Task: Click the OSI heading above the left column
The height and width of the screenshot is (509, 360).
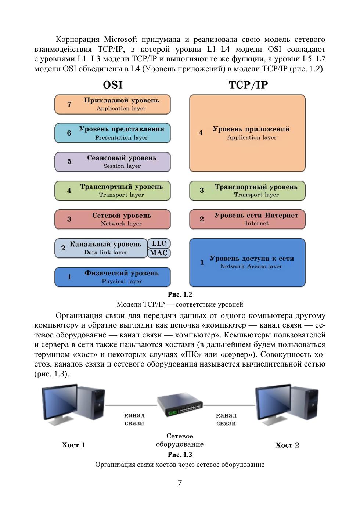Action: (x=113, y=85)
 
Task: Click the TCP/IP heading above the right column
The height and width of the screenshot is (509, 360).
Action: (x=248, y=85)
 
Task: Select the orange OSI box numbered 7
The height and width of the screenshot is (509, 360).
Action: (x=112, y=104)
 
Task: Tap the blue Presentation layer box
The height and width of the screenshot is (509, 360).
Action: (x=112, y=133)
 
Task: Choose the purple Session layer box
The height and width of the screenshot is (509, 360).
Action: (x=112, y=162)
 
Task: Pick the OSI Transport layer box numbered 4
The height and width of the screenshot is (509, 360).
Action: (x=112, y=191)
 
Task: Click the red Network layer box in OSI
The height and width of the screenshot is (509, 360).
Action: (x=112, y=219)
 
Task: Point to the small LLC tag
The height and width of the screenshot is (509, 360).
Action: (x=159, y=243)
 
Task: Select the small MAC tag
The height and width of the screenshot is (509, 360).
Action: (x=159, y=253)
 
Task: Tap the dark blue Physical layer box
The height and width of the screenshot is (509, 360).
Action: (x=112, y=277)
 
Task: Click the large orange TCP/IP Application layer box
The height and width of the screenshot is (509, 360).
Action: (x=247, y=133)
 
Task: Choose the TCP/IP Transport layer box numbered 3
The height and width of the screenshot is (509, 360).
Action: (x=247, y=191)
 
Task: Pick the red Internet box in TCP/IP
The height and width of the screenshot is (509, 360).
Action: (x=247, y=219)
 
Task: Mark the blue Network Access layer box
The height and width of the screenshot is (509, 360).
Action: (x=247, y=262)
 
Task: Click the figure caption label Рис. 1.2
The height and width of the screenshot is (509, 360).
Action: (x=180, y=295)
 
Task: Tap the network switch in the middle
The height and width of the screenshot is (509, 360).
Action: (x=180, y=407)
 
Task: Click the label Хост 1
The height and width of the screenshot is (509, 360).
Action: (x=73, y=445)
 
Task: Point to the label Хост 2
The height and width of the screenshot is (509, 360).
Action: (x=287, y=445)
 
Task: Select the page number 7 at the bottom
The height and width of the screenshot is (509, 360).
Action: (x=180, y=483)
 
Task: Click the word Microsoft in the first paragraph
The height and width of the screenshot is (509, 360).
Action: (x=120, y=39)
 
